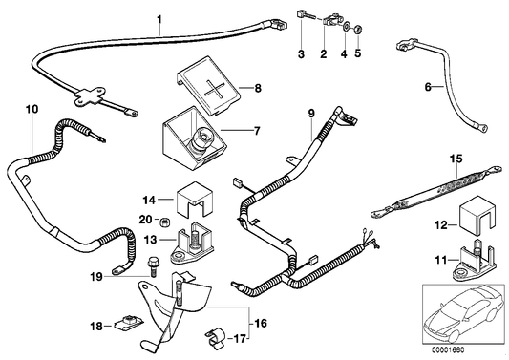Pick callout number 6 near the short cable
click(x=428, y=89)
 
